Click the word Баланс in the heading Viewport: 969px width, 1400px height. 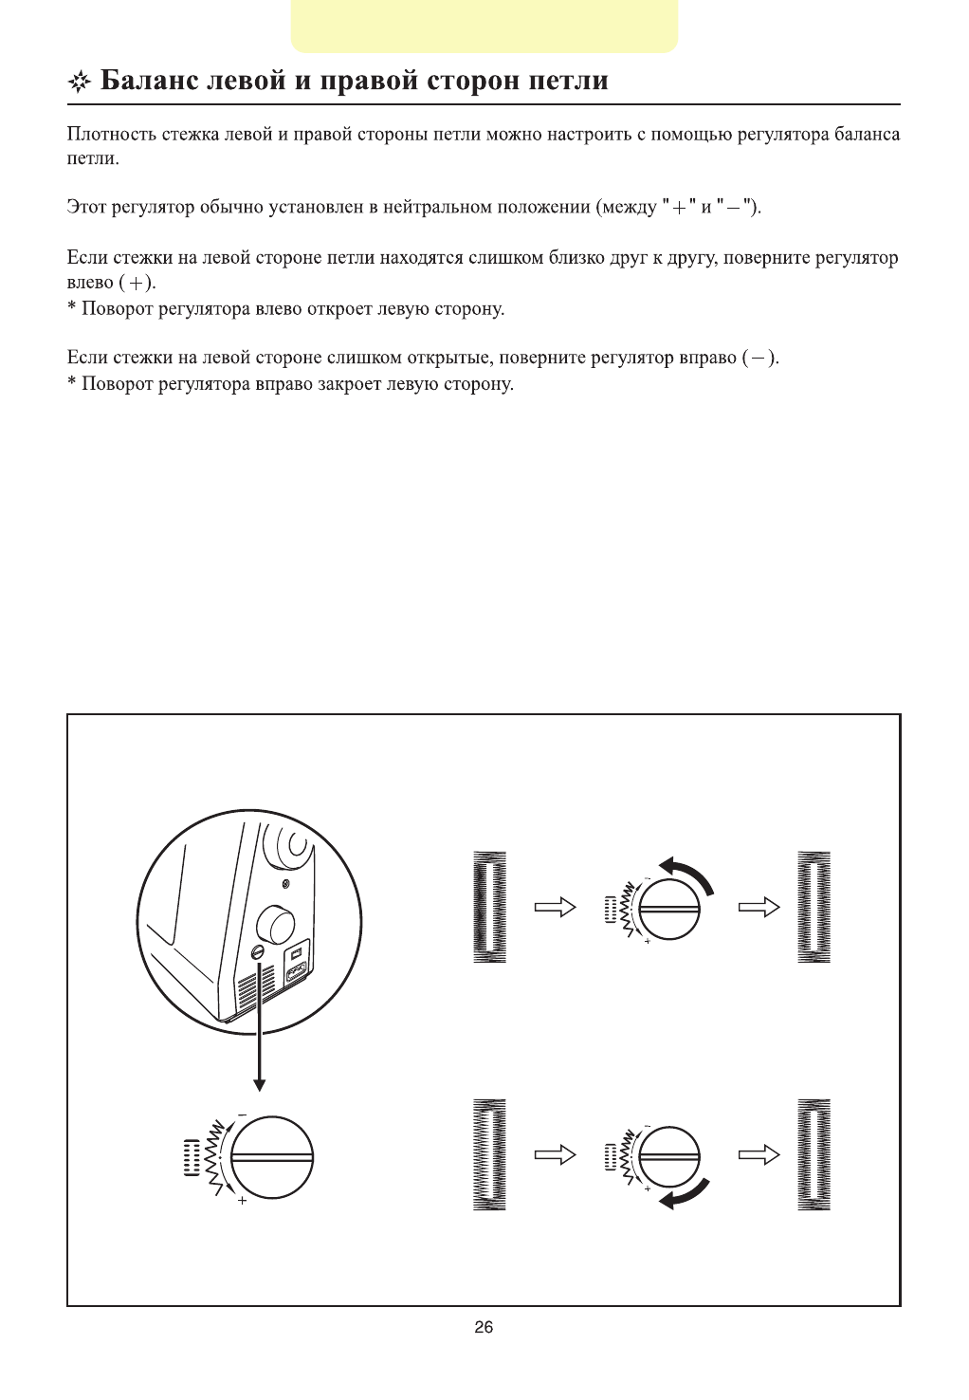(x=148, y=81)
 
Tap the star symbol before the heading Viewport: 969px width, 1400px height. (x=79, y=83)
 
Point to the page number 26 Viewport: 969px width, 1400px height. (x=484, y=1328)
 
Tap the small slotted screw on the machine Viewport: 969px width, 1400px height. (x=258, y=951)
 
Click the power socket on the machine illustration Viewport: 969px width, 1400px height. (x=295, y=974)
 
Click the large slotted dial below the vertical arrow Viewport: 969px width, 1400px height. (x=272, y=1157)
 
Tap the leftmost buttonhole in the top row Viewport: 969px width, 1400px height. (x=489, y=908)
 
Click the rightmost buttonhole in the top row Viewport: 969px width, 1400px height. (x=814, y=908)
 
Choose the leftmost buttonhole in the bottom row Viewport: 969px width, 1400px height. (x=489, y=1155)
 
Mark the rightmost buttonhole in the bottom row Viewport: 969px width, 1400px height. (x=814, y=1155)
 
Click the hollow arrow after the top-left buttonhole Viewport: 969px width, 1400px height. (x=556, y=908)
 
